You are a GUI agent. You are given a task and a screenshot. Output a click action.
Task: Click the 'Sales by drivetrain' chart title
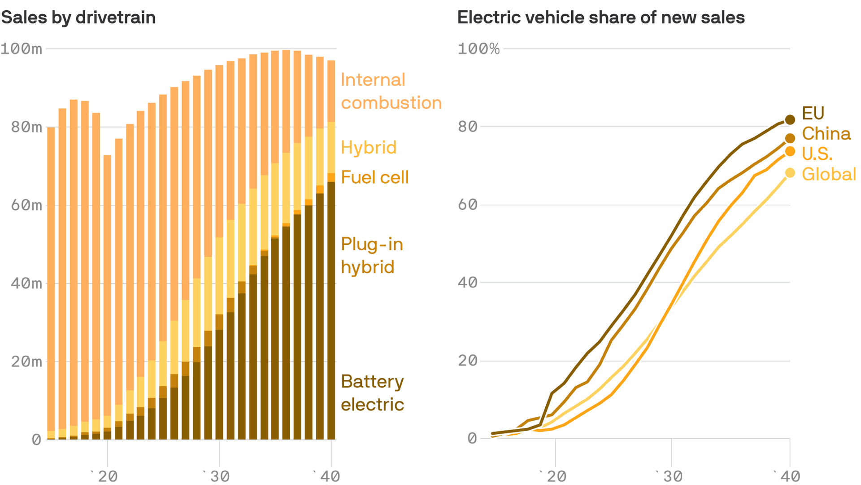click(78, 18)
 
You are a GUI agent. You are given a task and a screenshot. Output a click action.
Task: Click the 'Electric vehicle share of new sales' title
click(601, 18)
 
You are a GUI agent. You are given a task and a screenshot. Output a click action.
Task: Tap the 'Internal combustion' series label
click(391, 91)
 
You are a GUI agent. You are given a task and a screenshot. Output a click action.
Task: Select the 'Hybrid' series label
click(369, 148)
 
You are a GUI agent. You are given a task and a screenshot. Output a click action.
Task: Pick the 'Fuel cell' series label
click(374, 177)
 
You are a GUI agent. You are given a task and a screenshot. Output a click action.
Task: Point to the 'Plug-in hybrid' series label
click(371, 256)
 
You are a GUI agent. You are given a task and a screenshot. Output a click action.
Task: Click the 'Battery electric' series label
click(372, 393)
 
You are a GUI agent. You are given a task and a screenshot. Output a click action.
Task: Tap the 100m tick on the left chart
click(22, 48)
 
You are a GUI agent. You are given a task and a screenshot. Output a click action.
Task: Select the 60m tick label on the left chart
click(26, 205)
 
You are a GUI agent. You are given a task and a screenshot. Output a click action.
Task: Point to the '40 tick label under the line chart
click(787, 476)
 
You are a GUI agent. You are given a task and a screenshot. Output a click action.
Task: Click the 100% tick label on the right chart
click(478, 48)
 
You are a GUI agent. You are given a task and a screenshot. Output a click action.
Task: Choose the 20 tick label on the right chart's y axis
click(467, 361)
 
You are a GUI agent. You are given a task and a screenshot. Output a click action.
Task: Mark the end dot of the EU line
click(790, 119)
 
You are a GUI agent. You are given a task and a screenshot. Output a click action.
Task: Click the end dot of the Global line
click(790, 173)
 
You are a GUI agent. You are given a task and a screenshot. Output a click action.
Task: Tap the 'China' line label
click(826, 134)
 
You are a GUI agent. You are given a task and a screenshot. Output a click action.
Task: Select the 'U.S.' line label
click(817, 154)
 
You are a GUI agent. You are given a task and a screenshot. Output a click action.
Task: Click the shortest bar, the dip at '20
click(107, 296)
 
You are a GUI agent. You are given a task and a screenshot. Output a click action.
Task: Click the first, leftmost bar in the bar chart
click(51, 283)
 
